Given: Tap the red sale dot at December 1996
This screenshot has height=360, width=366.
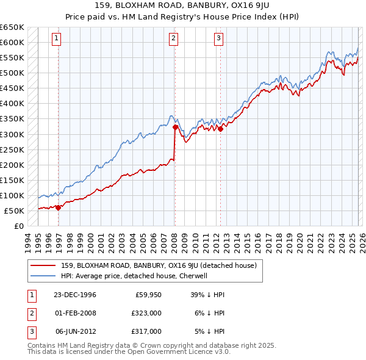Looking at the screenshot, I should click(x=59, y=207).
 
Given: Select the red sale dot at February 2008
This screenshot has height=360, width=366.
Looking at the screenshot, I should click(x=175, y=127).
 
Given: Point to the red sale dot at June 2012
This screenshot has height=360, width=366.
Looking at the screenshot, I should click(x=221, y=129).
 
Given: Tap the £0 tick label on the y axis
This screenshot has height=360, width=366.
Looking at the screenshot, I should click(x=18, y=226).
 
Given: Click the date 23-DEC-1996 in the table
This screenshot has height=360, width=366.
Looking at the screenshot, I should click(x=75, y=295).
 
